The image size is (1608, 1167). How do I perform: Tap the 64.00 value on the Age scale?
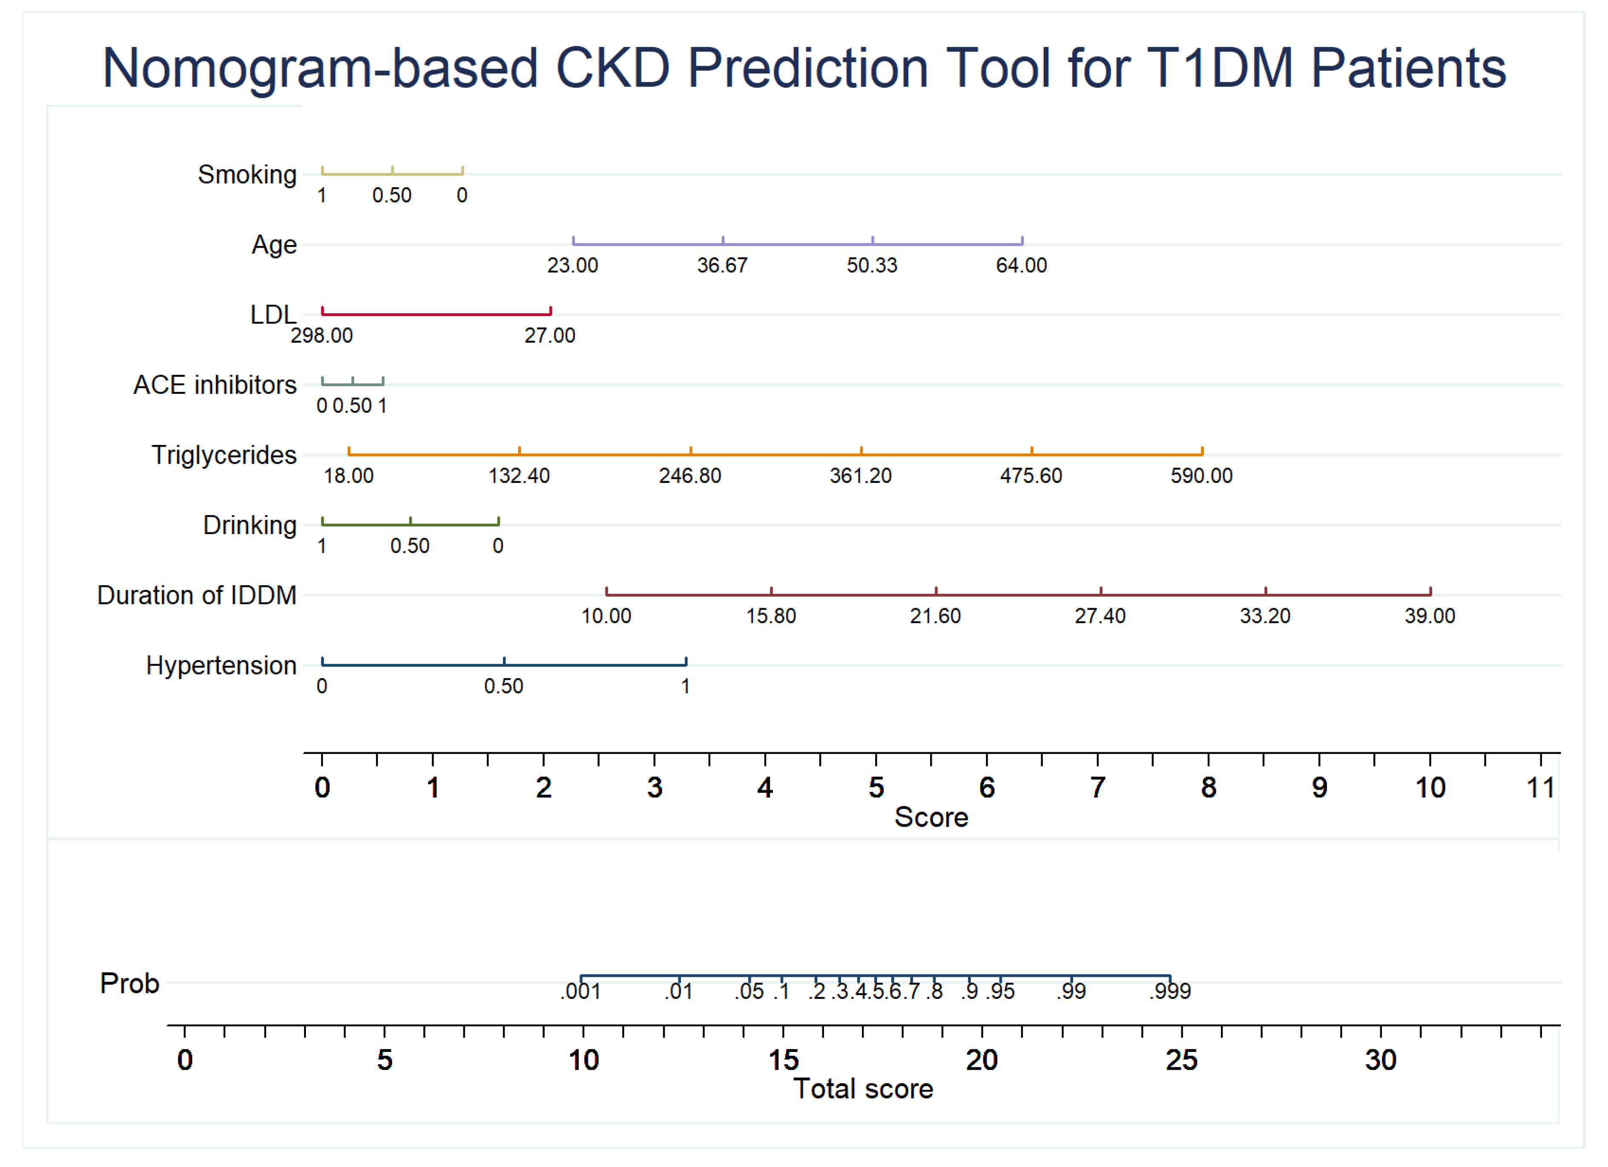pos(1021,265)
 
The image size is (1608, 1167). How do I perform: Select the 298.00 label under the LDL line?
pos(321,335)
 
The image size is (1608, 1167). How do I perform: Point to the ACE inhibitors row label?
pos(215,385)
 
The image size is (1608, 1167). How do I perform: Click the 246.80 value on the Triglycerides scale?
pos(690,476)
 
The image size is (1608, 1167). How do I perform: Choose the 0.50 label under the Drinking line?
pos(410,546)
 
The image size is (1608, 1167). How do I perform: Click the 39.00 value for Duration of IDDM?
pos(1429,616)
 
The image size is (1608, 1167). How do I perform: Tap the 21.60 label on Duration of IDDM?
pos(935,616)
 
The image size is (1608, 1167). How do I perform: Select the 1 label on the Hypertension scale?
pos(686,686)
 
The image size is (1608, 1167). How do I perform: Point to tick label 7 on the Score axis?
pos(1097,788)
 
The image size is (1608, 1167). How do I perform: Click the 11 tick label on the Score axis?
pos(1540,788)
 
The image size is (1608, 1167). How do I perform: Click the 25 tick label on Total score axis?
pos(1181,1060)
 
